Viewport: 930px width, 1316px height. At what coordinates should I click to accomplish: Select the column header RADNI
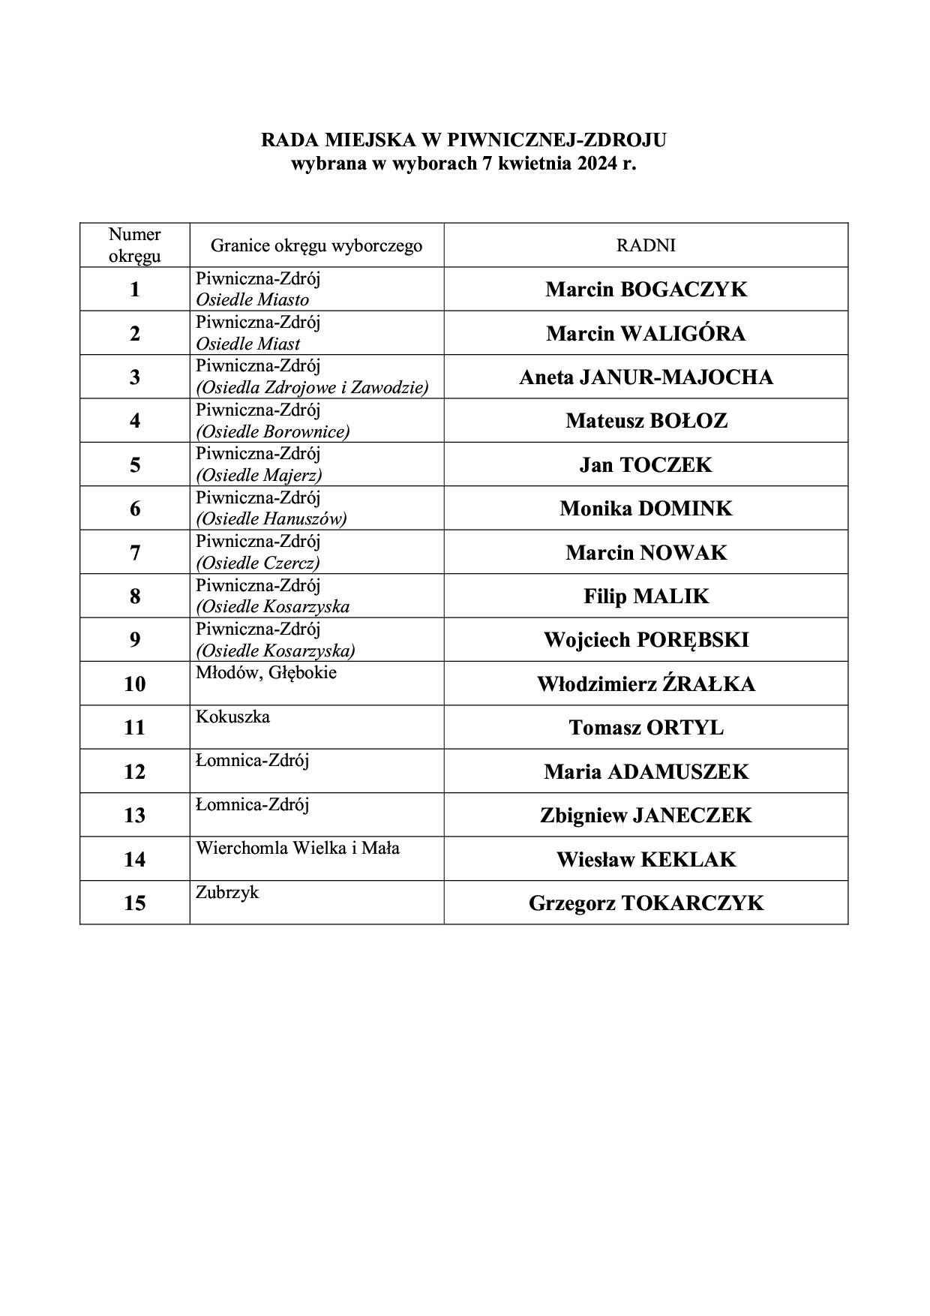(646, 245)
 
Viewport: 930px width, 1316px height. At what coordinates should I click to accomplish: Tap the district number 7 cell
(135, 553)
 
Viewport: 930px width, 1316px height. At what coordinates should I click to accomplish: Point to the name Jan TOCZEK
(646, 465)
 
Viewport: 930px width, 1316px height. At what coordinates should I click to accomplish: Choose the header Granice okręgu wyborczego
(316, 245)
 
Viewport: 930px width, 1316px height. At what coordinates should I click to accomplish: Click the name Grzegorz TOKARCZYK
(646, 903)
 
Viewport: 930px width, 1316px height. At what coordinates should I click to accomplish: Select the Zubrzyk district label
(227, 892)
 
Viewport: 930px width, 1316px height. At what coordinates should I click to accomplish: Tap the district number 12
(135, 771)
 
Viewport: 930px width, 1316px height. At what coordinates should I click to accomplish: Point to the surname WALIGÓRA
(682, 334)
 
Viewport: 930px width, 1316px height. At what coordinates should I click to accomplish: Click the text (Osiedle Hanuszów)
(271, 518)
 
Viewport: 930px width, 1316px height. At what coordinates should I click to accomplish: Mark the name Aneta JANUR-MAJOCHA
(646, 377)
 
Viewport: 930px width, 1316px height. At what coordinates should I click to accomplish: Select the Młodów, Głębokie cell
(266, 673)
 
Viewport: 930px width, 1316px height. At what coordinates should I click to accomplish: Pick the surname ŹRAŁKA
(708, 684)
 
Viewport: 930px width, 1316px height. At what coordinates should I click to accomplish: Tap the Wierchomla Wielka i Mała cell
(298, 849)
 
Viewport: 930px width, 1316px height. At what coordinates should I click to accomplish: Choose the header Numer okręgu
(135, 245)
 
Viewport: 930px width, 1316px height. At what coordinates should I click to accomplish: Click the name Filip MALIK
(646, 596)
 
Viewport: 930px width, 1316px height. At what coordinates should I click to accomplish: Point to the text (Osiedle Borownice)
(273, 431)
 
